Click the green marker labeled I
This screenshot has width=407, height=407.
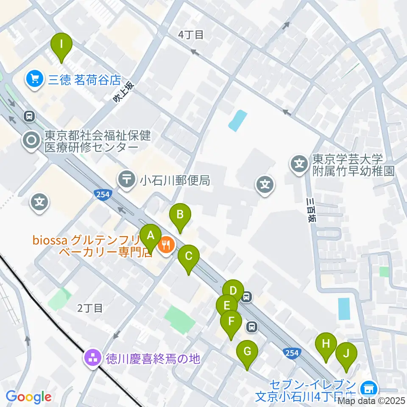(61, 44)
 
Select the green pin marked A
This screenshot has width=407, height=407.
(150, 236)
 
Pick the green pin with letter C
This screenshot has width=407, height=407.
(189, 257)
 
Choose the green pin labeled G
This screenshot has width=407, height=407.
(247, 352)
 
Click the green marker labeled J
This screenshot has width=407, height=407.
(346, 354)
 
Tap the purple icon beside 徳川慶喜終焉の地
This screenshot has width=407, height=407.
(92, 359)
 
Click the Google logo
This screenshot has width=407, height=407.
(28, 397)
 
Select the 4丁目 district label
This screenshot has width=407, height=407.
(192, 35)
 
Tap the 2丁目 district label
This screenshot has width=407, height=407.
(90, 308)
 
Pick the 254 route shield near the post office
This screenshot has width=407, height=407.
(102, 194)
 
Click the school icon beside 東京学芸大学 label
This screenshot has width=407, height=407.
(299, 164)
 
